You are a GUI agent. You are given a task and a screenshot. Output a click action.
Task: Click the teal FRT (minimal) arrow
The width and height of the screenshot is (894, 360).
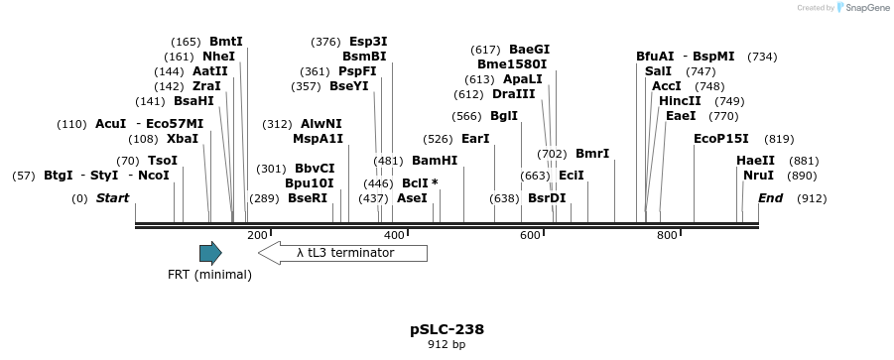pos(209,253)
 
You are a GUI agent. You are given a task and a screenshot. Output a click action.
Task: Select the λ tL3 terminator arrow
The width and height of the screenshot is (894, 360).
pos(342,253)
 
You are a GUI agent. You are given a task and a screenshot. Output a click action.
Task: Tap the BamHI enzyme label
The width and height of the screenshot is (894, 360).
pos(435,160)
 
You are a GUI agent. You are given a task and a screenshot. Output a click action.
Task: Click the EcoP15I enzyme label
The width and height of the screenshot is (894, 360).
pos(721,139)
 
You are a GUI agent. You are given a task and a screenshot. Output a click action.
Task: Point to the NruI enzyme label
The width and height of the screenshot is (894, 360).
pos(758,176)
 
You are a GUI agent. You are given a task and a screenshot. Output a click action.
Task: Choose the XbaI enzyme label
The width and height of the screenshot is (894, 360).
pos(183,139)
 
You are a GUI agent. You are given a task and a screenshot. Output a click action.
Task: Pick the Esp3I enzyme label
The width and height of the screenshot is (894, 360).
pos(368,42)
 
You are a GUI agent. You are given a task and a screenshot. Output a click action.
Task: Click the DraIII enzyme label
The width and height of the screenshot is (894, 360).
pos(513,94)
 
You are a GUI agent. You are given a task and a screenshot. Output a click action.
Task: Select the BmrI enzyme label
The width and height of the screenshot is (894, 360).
pos(592,154)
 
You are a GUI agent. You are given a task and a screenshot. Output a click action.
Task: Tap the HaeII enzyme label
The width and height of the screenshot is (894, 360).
pos(755,161)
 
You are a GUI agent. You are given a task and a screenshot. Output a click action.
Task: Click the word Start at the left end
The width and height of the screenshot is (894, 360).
pos(112,198)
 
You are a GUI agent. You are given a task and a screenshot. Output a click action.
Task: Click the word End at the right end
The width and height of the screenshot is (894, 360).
pos(770,198)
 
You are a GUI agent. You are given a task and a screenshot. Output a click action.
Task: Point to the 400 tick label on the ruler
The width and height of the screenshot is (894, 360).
pos(394,235)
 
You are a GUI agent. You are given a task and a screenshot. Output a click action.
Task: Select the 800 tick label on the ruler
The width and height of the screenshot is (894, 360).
pos(667,235)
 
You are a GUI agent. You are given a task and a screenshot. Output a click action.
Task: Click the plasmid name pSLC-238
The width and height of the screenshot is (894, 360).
pos(447,328)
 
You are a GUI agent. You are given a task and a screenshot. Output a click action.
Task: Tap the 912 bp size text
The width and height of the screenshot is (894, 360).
pos(447,345)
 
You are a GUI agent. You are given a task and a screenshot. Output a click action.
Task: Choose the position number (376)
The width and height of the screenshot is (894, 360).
pos(325,42)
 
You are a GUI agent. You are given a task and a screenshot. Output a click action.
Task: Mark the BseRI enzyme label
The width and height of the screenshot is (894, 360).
pos(308,198)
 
